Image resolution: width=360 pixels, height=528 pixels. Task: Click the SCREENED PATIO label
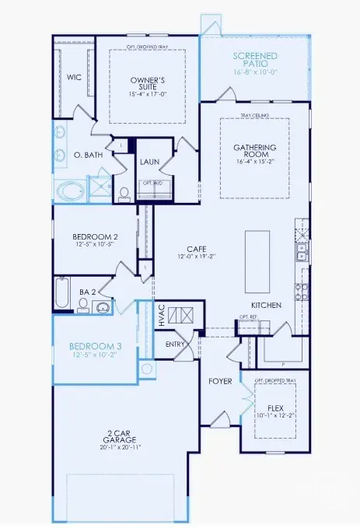click(255, 58)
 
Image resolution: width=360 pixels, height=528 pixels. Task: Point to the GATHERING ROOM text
click(254, 151)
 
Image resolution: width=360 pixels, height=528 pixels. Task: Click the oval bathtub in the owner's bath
click(71, 191)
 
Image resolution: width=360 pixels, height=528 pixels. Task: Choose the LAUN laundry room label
click(149, 163)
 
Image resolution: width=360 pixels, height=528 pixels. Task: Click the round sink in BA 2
click(101, 307)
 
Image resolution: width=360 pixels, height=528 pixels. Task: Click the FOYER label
click(219, 382)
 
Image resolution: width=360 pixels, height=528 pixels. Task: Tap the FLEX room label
click(274, 407)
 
